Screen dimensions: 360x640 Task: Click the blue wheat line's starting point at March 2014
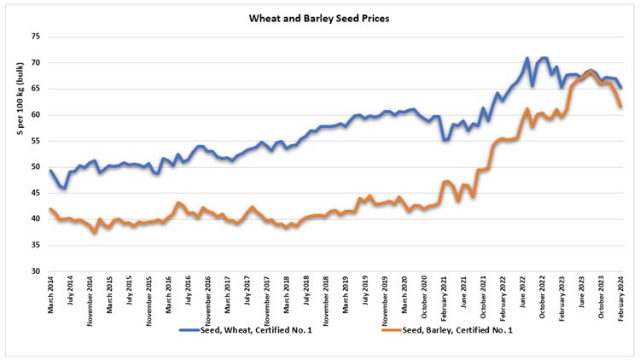[50, 171]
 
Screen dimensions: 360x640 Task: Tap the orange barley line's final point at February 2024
[621, 107]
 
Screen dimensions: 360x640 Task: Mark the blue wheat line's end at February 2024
[621, 87]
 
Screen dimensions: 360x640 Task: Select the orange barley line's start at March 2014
[50, 209]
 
